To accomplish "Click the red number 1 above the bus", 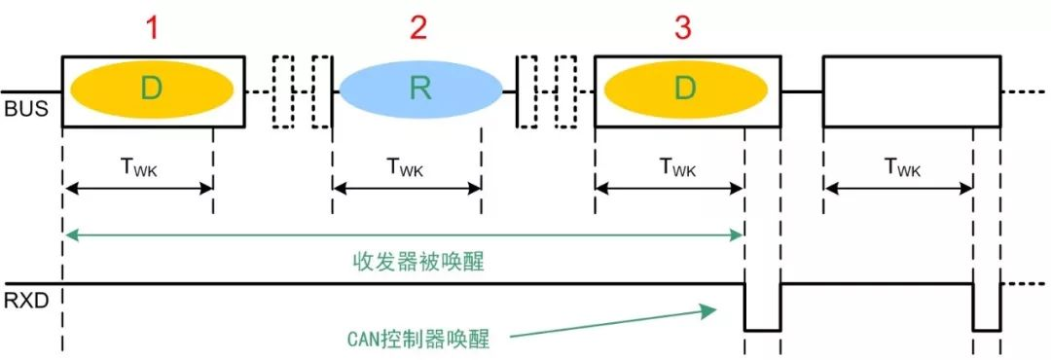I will click(151, 28).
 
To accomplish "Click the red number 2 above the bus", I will click(417, 28).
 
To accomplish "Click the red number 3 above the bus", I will click(683, 28).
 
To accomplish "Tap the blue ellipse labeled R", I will click(420, 90).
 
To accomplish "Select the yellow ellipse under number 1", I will click(151, 90).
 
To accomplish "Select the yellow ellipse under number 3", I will click(686, 90).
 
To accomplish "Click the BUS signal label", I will click(22, 109).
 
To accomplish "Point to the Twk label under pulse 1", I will click(139, 168).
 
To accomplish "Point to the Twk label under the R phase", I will click(407, 168).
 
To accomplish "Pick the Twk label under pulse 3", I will click(670, 168).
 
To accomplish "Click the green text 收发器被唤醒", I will click(403, 262).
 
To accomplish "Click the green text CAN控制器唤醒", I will click(417, 338).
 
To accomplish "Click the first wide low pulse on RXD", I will click(762, 308).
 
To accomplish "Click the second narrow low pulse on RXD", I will click(987, 308).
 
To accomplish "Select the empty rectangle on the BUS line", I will click(911, 90).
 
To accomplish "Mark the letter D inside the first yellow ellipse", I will click(151, 90).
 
